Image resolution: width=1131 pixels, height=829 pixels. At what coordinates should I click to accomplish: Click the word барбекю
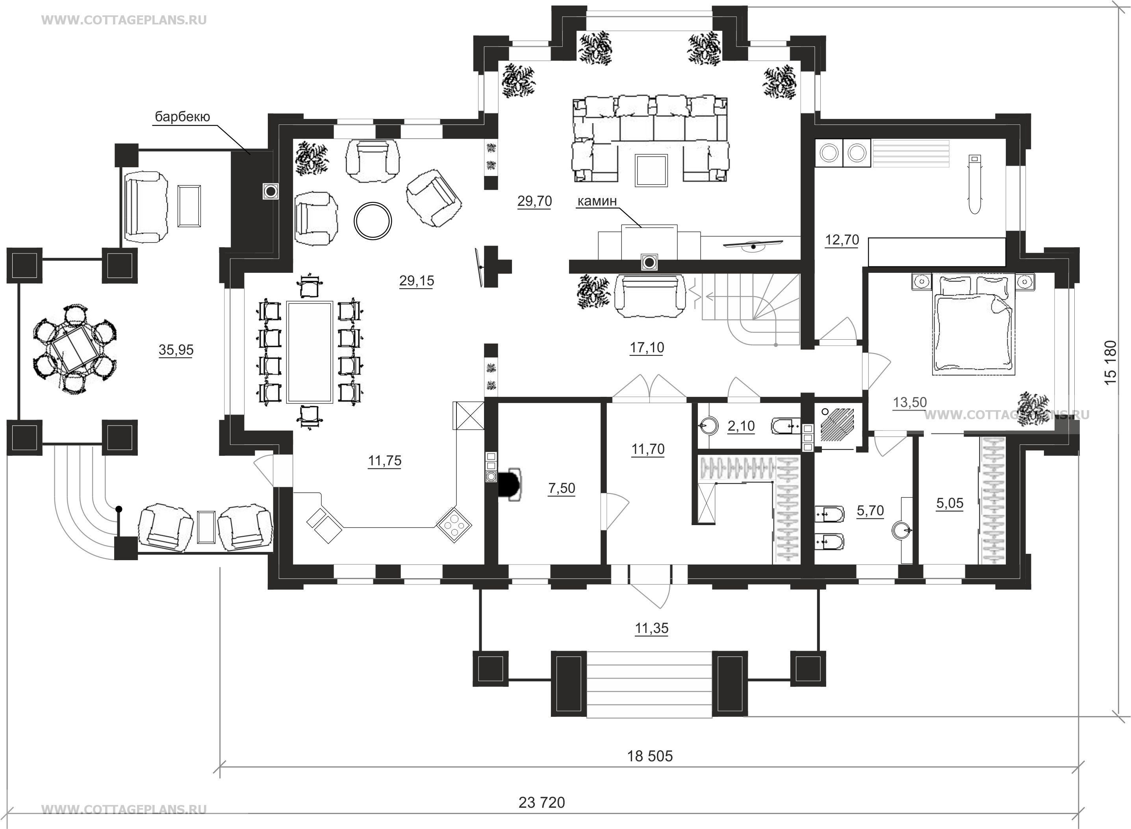click(182, 117)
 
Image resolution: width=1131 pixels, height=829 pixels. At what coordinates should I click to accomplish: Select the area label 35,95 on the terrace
click(176, 350)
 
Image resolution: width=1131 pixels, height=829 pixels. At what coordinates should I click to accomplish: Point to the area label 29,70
click(535, 201)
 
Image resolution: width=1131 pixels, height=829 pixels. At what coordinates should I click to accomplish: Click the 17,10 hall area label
click(647, 347)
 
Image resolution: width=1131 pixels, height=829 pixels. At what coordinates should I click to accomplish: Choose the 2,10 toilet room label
click(741, 426)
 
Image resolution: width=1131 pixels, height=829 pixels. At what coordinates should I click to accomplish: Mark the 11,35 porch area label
click(652, 628)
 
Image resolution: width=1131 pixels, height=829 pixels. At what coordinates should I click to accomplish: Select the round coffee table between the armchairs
click(373, 221)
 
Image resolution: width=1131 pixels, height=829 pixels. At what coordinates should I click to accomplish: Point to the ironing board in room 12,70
click(974, 184)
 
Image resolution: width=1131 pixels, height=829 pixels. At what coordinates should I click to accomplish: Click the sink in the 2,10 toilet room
click(707, 426)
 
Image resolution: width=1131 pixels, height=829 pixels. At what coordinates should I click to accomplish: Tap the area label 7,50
click(562, 488)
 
